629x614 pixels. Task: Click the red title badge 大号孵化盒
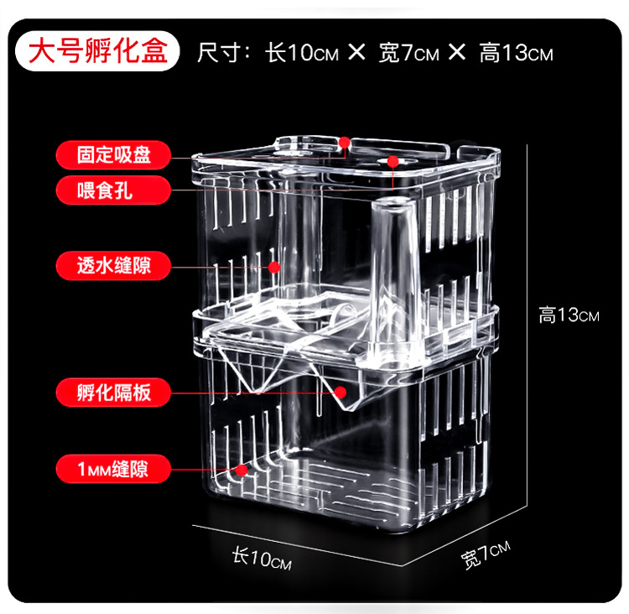click(99, 51)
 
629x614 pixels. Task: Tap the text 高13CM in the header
click(516, 54)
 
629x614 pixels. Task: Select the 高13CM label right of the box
click(569, 315)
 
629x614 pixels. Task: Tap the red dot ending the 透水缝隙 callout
click(273, 267)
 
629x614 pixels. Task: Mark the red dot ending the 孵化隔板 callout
click(340, 391)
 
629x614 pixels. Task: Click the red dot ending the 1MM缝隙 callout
click(244, 469)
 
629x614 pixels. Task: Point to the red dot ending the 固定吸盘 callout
click(345, 143)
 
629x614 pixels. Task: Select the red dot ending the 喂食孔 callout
click(392, 160)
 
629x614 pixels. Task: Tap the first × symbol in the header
click(356, 54)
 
